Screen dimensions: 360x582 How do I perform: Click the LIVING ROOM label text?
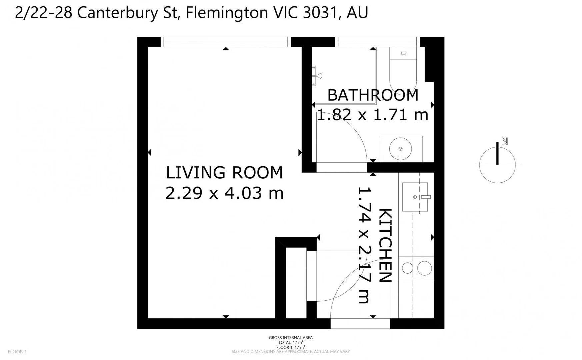pos(224,173)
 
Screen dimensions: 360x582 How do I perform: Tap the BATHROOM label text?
pos(373,95)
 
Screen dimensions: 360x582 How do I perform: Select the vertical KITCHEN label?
pos(385,245)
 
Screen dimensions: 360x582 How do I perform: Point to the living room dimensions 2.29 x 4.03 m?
pos(224,193)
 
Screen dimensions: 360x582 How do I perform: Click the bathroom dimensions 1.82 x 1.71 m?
pos(372,115)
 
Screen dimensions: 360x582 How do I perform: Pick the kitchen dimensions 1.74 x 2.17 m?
pos(364,245)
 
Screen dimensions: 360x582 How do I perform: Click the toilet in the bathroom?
pos(403,70)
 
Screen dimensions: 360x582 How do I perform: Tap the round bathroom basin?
pos(400,149)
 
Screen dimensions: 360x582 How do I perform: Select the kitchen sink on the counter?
pos(415,197)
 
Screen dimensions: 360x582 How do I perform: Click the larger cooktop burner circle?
pos(424,268)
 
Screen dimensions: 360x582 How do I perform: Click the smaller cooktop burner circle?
pos(407,268)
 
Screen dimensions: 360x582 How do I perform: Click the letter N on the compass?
pos(505,141)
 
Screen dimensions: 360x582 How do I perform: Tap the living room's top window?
pos(226,42)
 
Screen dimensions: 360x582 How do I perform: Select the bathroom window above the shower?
pos(377,42)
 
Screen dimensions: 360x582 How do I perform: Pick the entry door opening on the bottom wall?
pos(360,323)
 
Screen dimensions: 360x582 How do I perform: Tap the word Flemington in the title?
pos(227,13)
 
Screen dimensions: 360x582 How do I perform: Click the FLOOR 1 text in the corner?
pos(17,351)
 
